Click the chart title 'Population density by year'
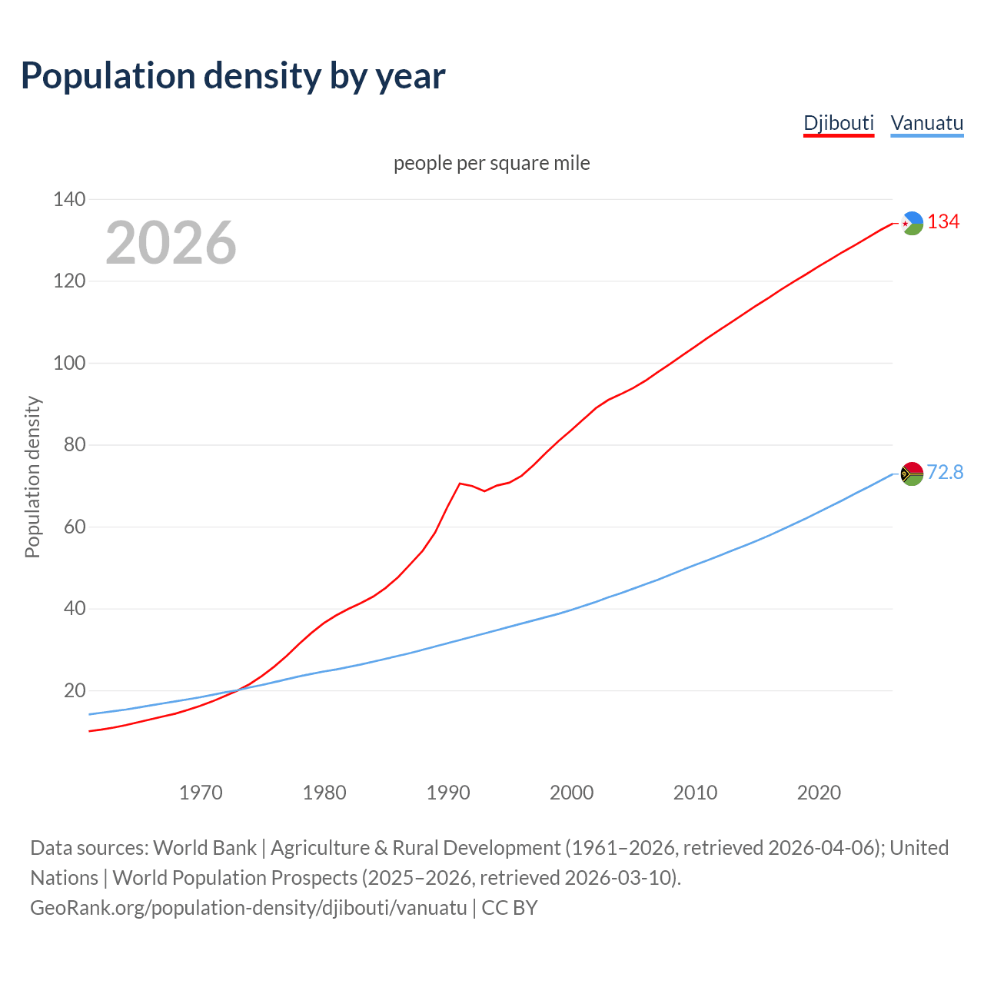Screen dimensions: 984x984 click(x=233, y=76)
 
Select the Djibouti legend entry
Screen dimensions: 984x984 click(x=839, y=123)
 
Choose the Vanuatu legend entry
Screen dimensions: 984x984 click(x=926, y=123)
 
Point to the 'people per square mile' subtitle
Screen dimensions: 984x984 click(x=492, y=164)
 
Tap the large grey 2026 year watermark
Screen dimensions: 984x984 click(x=171, y=243)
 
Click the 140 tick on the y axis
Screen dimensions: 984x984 click(x=69, y=200)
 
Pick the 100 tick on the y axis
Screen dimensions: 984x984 click(x=69, y=363)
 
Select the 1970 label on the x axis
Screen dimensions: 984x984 click(x=201, y=793)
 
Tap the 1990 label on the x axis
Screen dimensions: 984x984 click(x=448, y=793)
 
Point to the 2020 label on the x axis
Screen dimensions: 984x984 click(x=819, y=793)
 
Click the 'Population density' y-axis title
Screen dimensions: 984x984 click(x=32, y=477)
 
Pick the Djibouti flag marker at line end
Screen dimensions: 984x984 click(x=912, y=223)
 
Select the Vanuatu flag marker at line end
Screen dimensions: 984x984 click(x=912, y=474)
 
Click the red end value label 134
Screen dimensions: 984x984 click(x=943, y=222)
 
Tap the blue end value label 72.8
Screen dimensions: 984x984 click(x=945, y=472)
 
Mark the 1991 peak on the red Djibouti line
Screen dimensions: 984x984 click(x=460, y=484)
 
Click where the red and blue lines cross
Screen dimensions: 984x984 click(x=237, y=690)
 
